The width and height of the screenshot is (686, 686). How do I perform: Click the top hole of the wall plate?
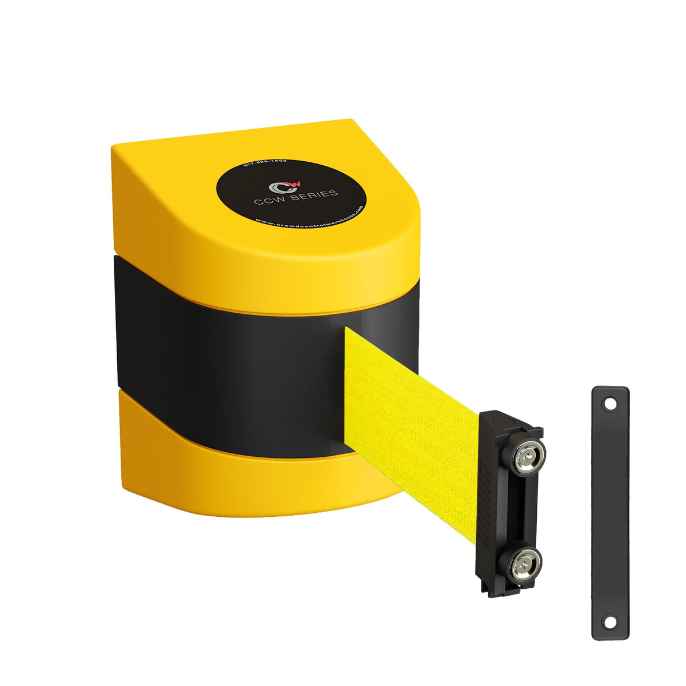pos(610,404)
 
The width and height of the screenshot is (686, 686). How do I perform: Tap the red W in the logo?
pos(294,184)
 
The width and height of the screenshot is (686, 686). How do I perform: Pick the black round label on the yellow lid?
pos(292,194)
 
